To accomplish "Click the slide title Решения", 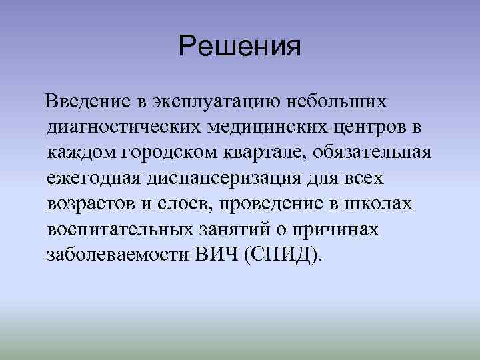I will point(240,47).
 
